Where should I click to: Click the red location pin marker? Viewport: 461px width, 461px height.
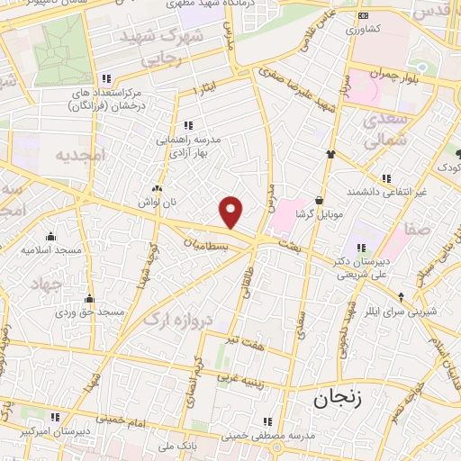[231, 212]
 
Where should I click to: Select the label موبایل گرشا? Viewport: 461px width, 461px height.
[318, 217]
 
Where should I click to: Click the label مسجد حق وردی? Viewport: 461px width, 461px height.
[89, 312]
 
